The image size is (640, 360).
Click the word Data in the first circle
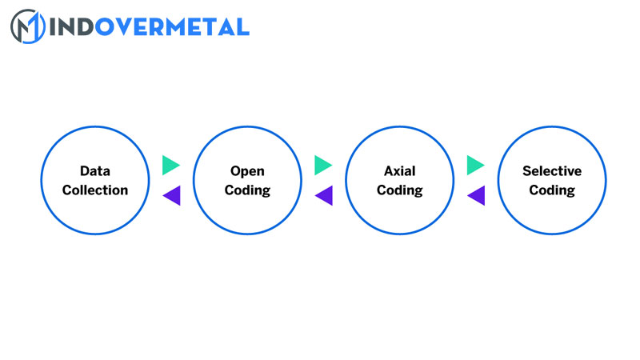pos(95,171)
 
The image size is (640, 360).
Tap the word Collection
pos(95,190)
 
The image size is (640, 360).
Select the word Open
pos(247,171)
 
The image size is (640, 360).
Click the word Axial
pos(400,171)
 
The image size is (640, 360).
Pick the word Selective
pos(552,171)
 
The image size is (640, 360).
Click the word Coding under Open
pos(247,190)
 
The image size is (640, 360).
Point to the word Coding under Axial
pos(400,190)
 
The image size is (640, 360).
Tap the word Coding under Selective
pos(552,190)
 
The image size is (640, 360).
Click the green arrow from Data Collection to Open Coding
pos(170,165)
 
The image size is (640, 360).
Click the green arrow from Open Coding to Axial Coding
pos(323,165)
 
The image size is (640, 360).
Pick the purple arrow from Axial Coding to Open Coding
pos(324,195)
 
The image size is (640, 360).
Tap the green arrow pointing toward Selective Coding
pos(475,165)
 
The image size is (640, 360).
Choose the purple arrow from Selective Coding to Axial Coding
pos(477,195)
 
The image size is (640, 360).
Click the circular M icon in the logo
pos(26,26)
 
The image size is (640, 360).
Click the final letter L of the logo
pos(242,26)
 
